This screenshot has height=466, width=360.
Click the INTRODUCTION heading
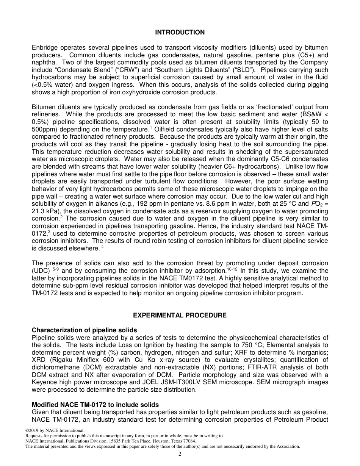180,33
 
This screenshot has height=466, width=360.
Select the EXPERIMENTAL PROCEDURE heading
180,315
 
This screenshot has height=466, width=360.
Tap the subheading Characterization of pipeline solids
84,330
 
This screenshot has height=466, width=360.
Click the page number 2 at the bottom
180,454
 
